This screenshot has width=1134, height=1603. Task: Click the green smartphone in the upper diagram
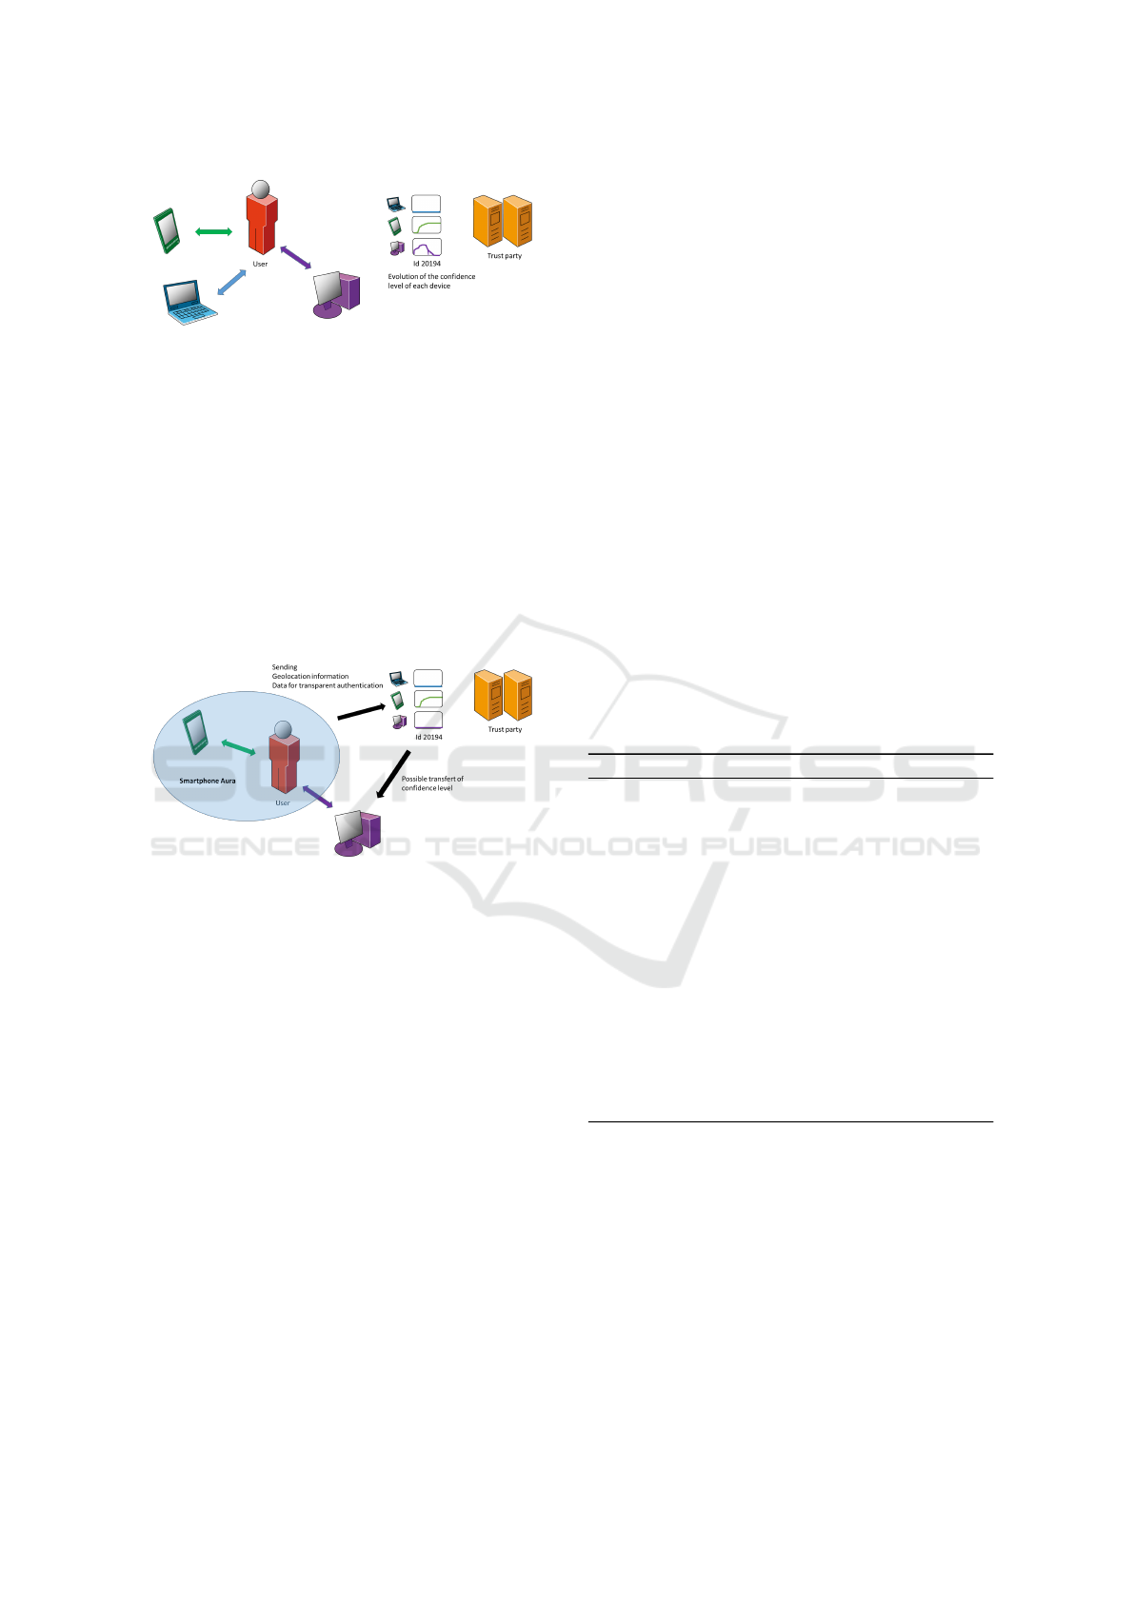coord(167,230)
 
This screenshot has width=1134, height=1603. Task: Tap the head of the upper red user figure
coord(260,188)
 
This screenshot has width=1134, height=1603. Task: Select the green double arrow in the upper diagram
coord(213,231)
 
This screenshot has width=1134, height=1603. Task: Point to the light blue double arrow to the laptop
coord(231,282)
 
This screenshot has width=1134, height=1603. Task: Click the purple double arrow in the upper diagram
coord(295,258)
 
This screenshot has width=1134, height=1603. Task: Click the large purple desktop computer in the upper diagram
coord(336,294)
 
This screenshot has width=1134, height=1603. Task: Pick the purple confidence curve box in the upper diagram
coord(427,247)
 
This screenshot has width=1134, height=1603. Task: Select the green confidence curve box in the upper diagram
coord(427,226)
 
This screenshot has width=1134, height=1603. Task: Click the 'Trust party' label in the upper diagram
coord(505,256)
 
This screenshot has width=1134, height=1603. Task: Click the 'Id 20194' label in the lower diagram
coord(428,737)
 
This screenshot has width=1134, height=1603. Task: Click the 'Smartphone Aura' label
coord(208,781)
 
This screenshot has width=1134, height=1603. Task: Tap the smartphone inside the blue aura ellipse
coord(195,732)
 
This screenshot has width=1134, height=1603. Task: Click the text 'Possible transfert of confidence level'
coord(432,783)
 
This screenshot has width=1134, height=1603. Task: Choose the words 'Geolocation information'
coord(310,676)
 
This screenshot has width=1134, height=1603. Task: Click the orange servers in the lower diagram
coord(503,696)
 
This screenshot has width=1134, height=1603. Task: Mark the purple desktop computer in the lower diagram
coord(357,834)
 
